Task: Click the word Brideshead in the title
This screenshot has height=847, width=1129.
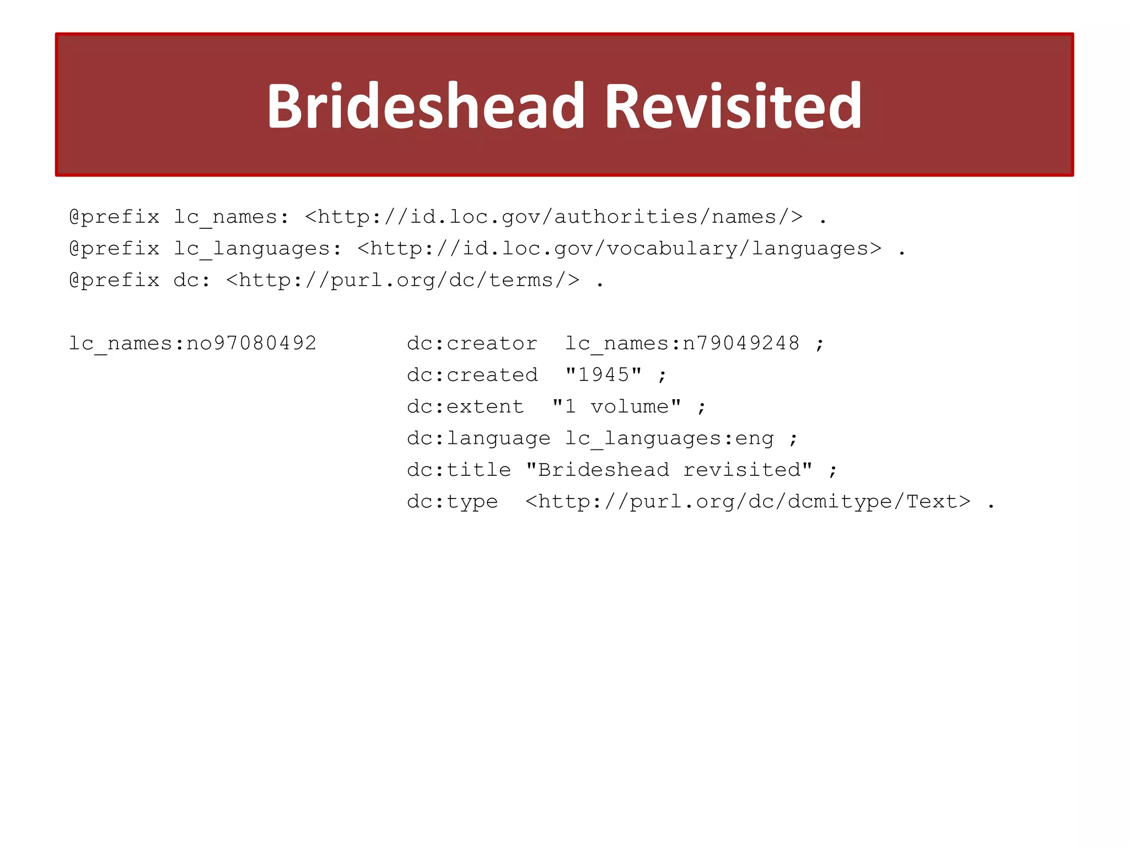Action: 425,106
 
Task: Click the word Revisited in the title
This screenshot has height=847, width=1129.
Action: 733,106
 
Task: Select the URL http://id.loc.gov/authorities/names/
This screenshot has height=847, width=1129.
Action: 553,217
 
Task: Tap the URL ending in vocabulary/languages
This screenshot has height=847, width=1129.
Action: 619,249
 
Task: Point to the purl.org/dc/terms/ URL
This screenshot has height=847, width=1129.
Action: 402,280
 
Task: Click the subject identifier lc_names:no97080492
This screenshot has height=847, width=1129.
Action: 192,344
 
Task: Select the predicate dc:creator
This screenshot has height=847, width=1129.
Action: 472,344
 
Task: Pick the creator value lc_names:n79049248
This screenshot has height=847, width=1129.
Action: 682,344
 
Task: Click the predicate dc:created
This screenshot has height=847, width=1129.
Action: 472,375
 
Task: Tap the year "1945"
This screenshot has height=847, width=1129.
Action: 604,375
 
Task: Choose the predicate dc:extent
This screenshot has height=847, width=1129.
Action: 465,407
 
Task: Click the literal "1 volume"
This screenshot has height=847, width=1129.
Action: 616,407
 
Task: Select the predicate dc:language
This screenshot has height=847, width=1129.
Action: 479,438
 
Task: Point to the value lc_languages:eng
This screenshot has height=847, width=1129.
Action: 669,438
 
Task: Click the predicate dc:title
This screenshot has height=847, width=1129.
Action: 459,470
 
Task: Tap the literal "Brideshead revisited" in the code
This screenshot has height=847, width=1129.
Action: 669,470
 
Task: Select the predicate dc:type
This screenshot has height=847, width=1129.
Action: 452,502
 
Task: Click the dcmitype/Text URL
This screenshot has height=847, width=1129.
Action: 748,502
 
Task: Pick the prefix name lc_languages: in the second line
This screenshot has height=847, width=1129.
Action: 257,249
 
